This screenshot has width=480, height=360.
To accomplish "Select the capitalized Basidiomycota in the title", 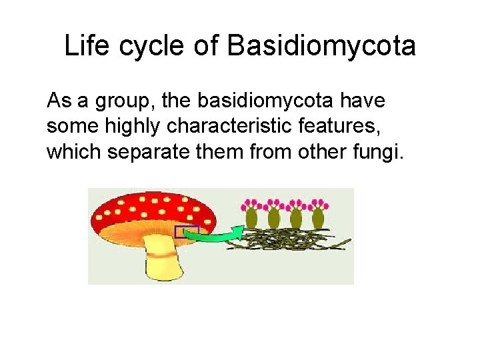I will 321,47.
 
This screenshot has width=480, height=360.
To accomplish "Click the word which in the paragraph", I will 73,153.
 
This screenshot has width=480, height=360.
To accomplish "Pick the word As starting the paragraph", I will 58,102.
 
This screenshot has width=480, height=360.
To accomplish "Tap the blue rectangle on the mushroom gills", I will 187,232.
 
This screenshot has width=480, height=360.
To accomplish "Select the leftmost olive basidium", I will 252,217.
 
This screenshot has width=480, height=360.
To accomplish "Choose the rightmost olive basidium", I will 318,217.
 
